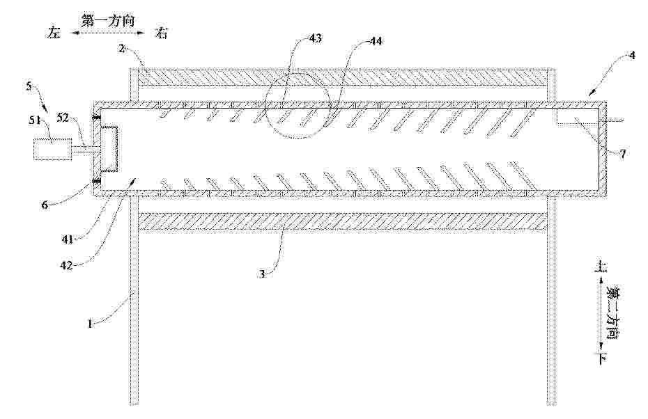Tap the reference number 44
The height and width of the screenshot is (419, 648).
tap(376, 41)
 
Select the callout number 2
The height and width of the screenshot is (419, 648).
tap(121, 49)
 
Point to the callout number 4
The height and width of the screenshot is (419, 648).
tap(631, 55)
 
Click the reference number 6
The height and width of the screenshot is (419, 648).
tap(43, 205)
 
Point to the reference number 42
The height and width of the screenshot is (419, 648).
tap(66, 266)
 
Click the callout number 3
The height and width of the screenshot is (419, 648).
tap(262, 274)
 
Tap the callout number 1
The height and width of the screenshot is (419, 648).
tap(90, 324)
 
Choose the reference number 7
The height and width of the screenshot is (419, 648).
tap(622, 154)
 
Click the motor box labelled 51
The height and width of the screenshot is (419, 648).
tap(52, 149)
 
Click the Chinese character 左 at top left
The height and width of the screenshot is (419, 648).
tap(54, 33)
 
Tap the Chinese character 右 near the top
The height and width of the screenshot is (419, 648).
tap(161, 33)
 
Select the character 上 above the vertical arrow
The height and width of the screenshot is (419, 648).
tap(600, 267)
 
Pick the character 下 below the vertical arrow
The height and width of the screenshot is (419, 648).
tap(600, 358)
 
